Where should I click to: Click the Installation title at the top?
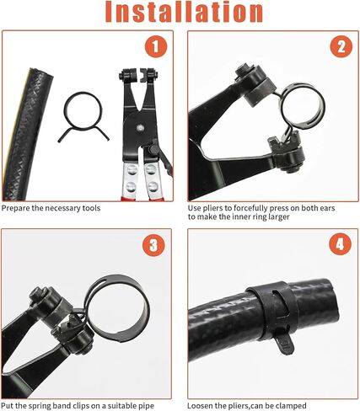coord(180,13)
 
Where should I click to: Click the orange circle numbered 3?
coord(154,245)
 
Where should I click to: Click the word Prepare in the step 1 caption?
coord(16,208)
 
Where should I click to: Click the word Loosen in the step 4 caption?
coord(202,405)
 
